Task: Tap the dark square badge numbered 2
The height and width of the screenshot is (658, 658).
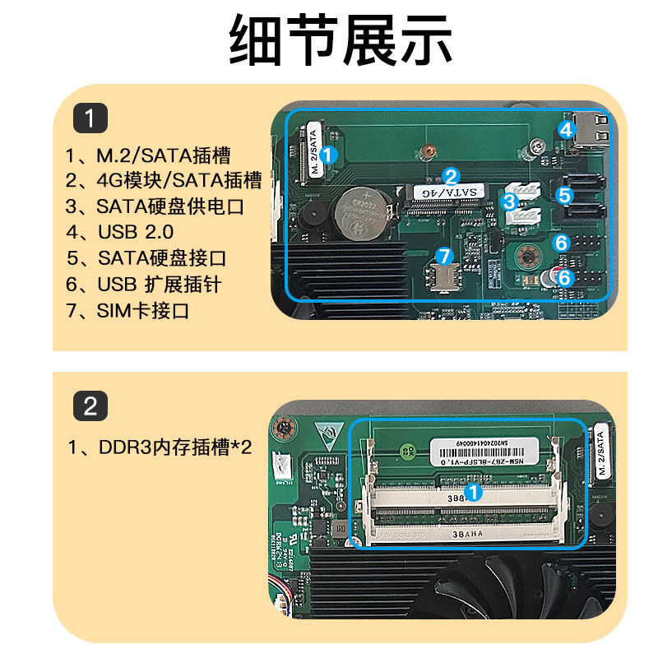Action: point(90,405)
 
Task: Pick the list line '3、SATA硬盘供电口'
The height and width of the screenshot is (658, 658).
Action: point(155,206)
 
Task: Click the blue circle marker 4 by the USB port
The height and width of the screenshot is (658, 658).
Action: point(566,129)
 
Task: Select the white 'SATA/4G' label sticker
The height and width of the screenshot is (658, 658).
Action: point(449,192)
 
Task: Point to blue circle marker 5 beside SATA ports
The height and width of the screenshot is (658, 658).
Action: point(563,196)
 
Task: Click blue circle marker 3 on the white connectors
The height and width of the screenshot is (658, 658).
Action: point(509,200)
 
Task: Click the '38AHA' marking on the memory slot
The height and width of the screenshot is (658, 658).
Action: point(463,533)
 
